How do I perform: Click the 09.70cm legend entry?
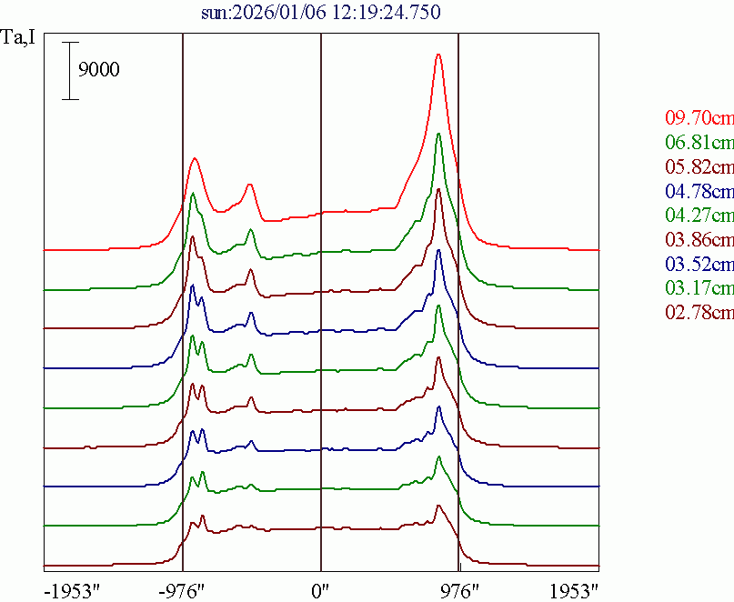(699, 117)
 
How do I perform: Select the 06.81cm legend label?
(699, 142)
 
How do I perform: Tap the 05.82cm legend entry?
(699, 166)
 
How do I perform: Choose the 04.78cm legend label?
(699, 191)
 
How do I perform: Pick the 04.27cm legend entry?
(699, 216)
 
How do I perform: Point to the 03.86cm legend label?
(699, 240)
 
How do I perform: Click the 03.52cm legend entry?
(699, 265)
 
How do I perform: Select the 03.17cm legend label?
(699, 289)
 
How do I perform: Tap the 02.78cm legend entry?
(699, 314)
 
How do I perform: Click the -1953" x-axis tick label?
(71, 590)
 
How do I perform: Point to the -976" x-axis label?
(182, 590)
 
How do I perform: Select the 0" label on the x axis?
(321, 590)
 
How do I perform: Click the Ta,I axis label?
(19, 39)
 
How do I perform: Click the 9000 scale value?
(99, 70)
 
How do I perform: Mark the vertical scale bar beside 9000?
(70, 70)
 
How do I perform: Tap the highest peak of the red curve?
(438, 55)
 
